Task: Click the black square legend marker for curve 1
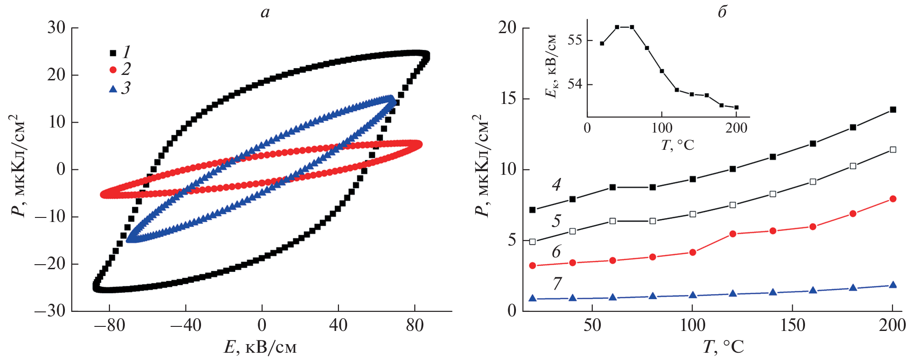click(113, 53)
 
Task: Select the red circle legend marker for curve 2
click(113, 70)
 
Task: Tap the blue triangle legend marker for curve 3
click(113, 89)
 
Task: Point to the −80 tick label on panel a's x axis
click(109, 325)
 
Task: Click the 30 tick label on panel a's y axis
click(56, 28)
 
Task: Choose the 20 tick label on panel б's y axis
click(507, 28)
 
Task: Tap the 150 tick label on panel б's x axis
click(793, 325)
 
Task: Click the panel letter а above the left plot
click(265, 12)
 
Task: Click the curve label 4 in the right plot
click(556, 184)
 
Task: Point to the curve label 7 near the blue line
click(557, 283)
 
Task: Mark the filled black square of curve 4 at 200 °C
click(893, 109)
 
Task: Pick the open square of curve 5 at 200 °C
click(893, 149)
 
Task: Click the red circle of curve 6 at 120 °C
click(732, 234)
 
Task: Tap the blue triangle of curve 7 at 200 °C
click(893, 285)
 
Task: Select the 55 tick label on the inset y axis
click(574, 40)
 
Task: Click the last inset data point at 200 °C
click(736, 108)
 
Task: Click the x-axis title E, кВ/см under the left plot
click(260, 347)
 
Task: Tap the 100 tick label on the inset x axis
click(662, 128)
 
